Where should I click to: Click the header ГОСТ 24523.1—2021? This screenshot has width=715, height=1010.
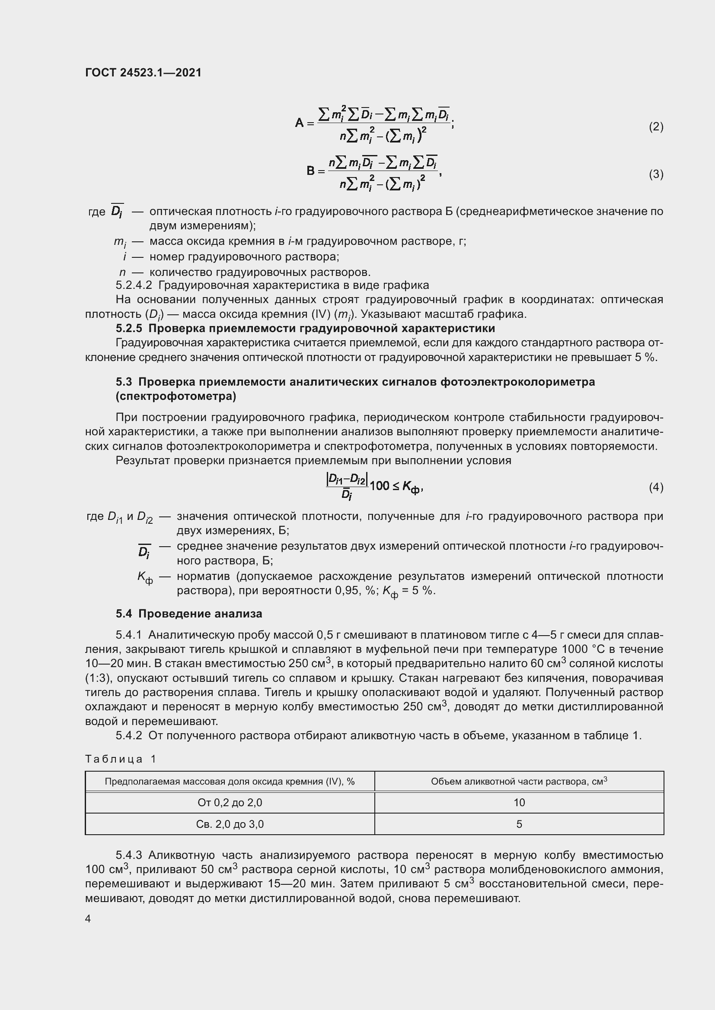(x=143, y=73)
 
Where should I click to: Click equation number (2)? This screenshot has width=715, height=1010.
(x=656, y=127)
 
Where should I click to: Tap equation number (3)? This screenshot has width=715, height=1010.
(x=656, y=174)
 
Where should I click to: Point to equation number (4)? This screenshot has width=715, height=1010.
(x=656, y=487)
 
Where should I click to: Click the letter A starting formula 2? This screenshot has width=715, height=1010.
(x=300, y=123)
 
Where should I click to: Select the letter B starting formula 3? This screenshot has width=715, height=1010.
(x=311, y=171)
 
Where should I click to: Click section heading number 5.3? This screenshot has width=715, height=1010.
(x=124, y=381)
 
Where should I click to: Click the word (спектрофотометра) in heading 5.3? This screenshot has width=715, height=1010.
(x=176, y=396)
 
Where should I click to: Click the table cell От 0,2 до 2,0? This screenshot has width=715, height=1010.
(x=230, y=803)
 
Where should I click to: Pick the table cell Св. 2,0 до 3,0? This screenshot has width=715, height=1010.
(x=230, y=824)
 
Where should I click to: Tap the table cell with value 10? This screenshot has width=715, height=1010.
(x=519, y=803)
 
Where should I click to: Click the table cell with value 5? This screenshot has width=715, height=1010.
(x=519, y=824)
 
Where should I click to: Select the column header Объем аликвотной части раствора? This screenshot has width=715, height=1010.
(x=519, y=782)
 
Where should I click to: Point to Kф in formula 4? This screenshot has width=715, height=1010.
(x=411, y=487)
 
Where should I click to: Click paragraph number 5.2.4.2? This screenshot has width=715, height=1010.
(x=134, y=285)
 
